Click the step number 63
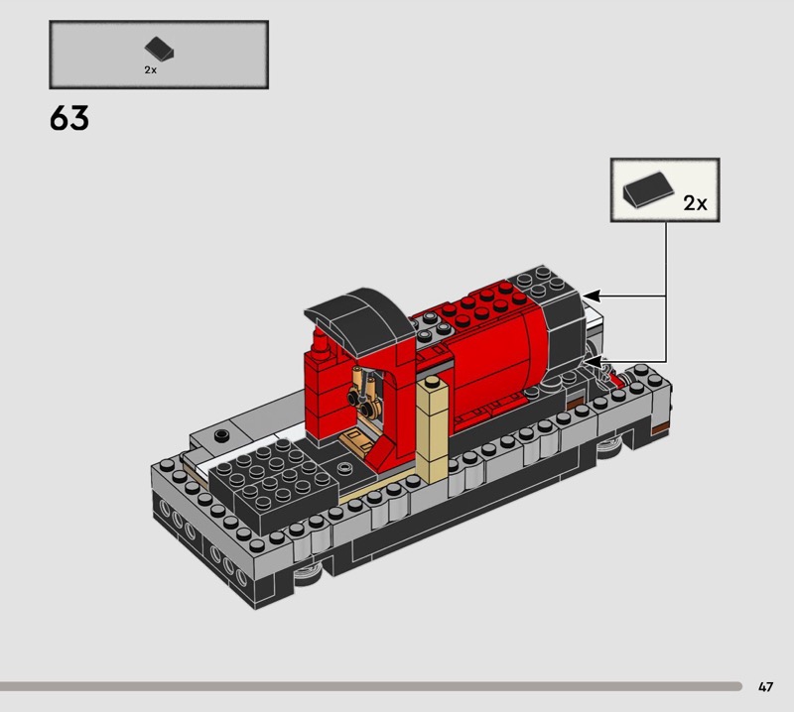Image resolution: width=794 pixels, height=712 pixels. click(69, 118)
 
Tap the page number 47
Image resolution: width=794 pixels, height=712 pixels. click(765, 686)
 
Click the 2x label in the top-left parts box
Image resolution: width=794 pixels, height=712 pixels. click(151, 70)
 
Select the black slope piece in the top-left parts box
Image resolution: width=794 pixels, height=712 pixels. click(159, 49)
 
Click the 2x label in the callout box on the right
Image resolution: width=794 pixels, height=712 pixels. click(696, 203)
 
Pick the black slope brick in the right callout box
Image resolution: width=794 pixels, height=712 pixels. click(649, 188)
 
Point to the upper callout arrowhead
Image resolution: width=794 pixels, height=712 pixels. click(592, 297)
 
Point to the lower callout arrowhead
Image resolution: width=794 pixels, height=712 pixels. click(592, 362)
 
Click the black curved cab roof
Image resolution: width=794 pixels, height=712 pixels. click(359, 318)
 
